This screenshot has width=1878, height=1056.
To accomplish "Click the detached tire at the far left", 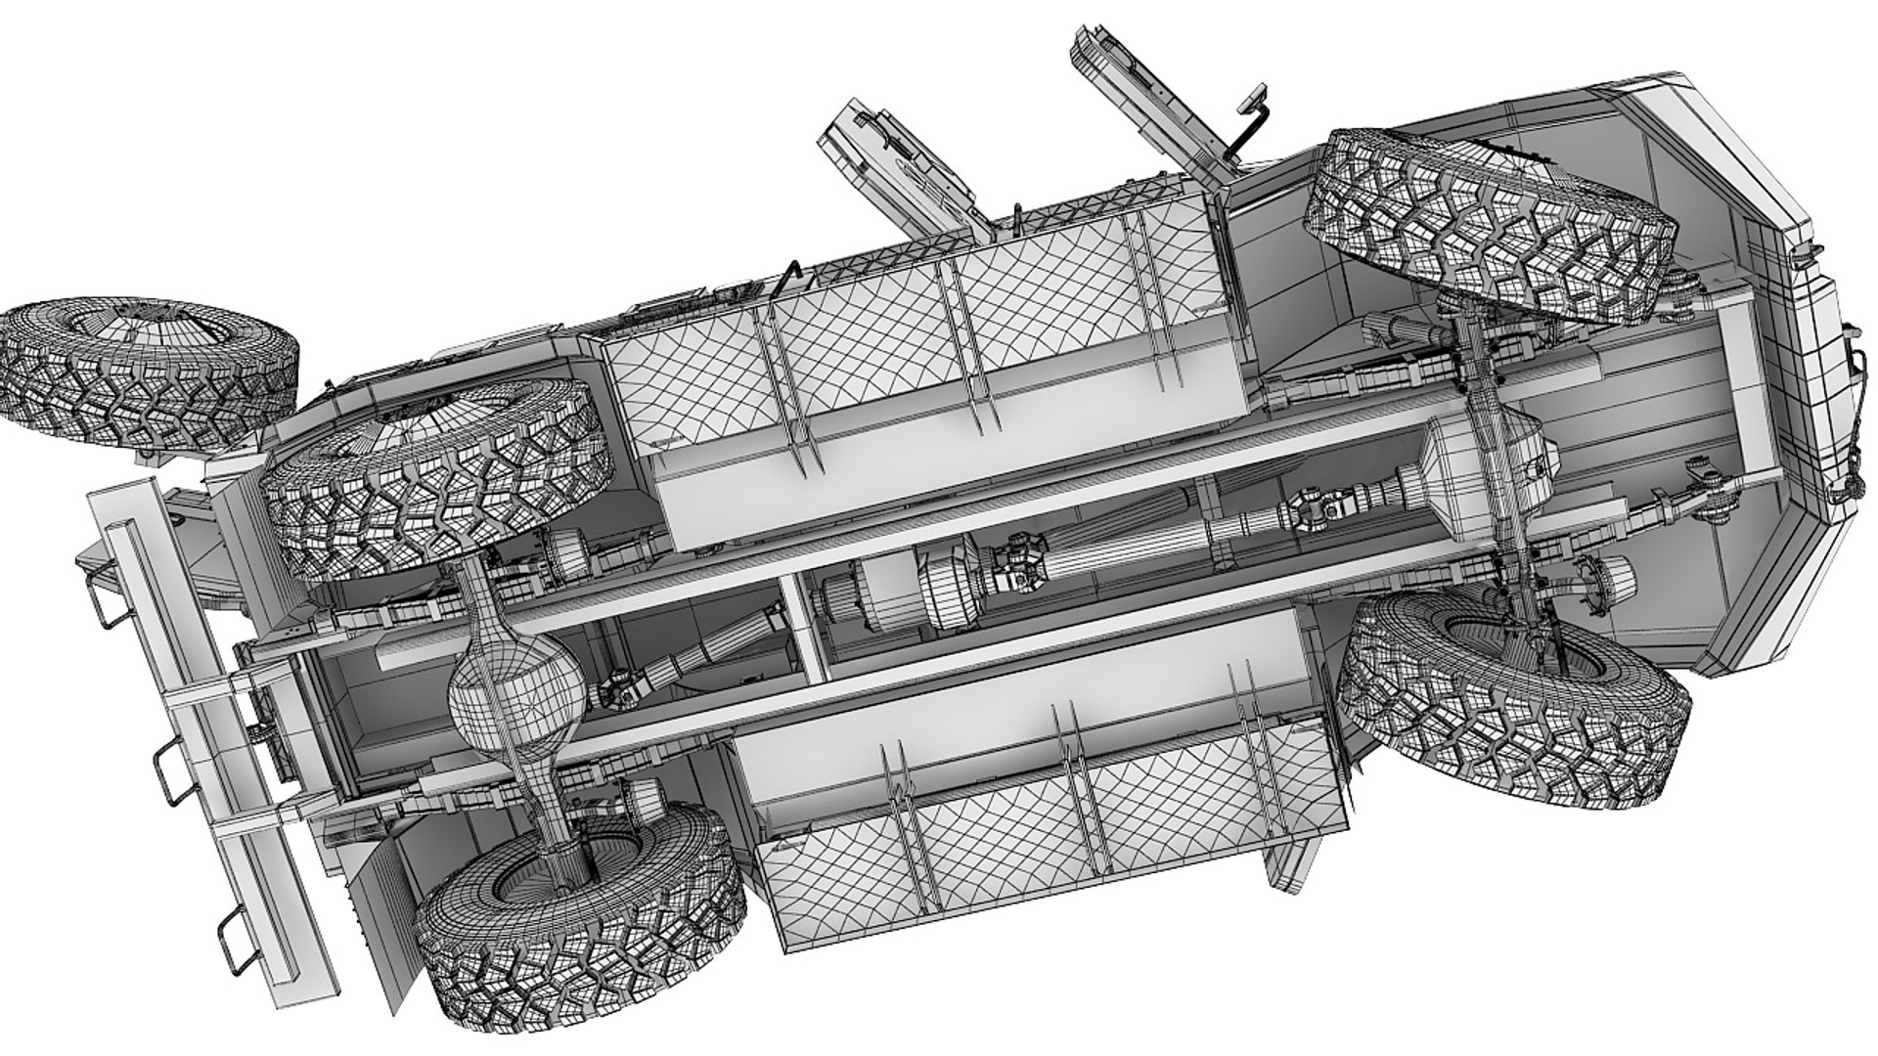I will [147, 372].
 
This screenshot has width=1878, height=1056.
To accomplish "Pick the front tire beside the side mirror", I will [1492, 225].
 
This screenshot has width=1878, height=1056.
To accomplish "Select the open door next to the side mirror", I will [1154, 108].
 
